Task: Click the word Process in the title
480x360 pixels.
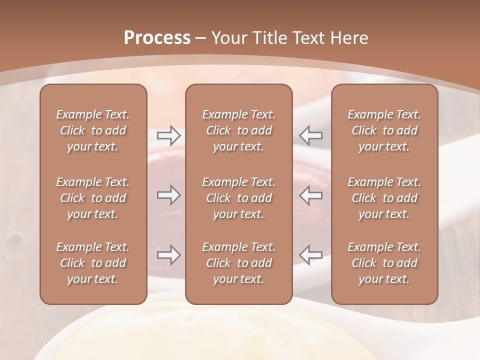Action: [x=157, y=38]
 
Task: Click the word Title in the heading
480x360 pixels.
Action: [x=269, y=38]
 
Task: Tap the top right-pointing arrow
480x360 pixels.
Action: [x=169, y=135]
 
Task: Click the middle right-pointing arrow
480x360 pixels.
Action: [x=169, y=195]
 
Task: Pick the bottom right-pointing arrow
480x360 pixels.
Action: [x=169, y=254]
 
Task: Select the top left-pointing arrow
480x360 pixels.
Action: [x=311, y=135]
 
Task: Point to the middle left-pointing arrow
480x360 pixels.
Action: [x=311, y=195]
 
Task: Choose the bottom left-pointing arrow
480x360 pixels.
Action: [x=311, y=254]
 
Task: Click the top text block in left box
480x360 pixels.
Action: [x=93, y=130]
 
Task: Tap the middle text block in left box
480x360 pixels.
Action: [x=93, y=198]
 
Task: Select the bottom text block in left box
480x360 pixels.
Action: [x=93, y=263]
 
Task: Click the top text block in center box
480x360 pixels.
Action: [x=239, y=130]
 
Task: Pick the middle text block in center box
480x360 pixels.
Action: [x=239, y=198]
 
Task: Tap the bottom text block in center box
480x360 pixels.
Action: [x=239, y=263]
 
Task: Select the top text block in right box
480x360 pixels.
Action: [x=384, y=130]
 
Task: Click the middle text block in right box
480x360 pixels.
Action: [x=384, y=198]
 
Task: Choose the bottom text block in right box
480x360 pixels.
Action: [x=384, y=263]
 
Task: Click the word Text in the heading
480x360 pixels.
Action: [x=308, y=38]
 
